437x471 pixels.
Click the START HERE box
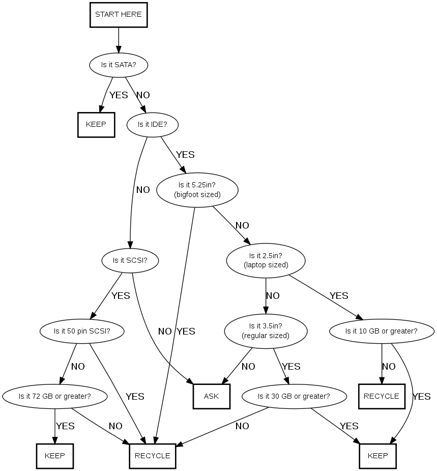pyautogui.click(x=119, y=15)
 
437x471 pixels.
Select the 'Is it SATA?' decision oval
pyautogui.click(x=119, y=65)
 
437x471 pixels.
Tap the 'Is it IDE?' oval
pyautogui.click(x=152, y=124)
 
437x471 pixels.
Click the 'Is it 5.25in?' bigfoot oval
pyautogui.click(x=198, y=189)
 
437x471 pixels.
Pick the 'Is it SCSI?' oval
pyautogui.click(x=130, y=260)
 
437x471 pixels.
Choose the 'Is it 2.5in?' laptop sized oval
pyautogui.click(x=266, y=260)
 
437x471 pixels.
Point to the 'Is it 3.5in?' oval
pyautogui.click(x=266, y=331)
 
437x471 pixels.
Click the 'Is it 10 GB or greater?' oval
pyautogui.click(x=382, y=331)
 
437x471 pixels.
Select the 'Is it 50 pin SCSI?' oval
pyautogui.click(x=82, y=331)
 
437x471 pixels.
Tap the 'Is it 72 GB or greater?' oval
pyautogui.click(x=55, y=396)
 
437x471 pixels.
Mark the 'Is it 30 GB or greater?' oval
pyautogui.click(x=294, y=396)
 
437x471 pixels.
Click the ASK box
pyautogui.click(x=211, y=396)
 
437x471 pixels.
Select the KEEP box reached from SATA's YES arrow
pyautogui.click(x=96, y=124)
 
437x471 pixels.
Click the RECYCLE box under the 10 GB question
pyautogui.click(x=382, y=396)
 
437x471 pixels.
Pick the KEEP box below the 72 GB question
pyautogui.click(x=55, y=456)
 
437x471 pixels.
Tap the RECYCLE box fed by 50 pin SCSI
pyautogui.click(x=153, y=456)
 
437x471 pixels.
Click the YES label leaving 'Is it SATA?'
pyautogui.click(x=119, y=95)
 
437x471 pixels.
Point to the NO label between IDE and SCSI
pyautogui.click(x=143, y=190)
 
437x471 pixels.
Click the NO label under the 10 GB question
pyautogui.click(x=389, y=366)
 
